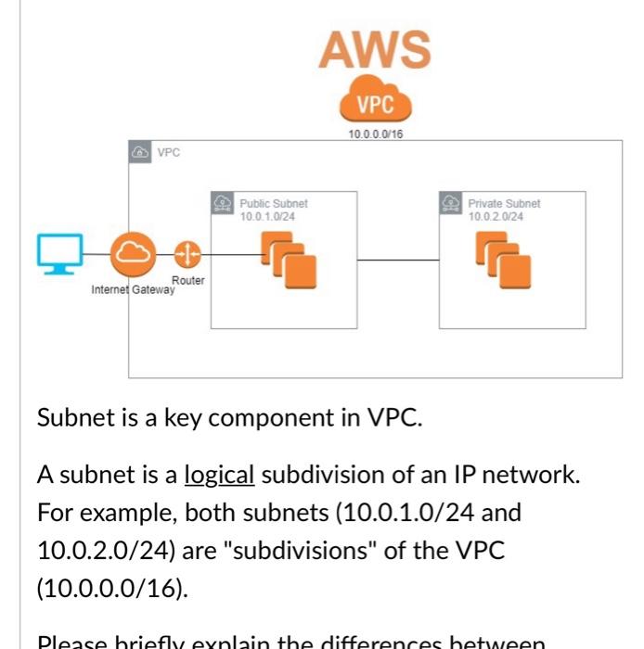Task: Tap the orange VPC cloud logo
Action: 375,103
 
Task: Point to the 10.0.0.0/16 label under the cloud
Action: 375,134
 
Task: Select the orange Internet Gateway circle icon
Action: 134,253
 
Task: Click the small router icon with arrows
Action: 187,253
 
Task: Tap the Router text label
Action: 188,280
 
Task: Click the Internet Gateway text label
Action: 132,290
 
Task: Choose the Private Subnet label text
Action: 504,204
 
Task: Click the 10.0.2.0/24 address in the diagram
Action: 496,216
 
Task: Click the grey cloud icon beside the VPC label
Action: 139,152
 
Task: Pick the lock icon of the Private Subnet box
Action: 452,203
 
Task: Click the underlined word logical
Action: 219,475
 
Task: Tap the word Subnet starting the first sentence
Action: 67,417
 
